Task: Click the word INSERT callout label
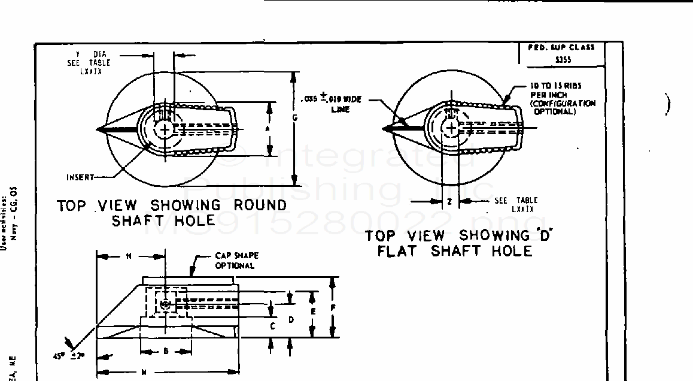tap(80, 177)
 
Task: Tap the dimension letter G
tap(294, 118)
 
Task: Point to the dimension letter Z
tap(449, 202)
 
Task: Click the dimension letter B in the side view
tap(166, 352)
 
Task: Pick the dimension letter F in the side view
tap(333, 308)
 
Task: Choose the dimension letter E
tap(312, 312)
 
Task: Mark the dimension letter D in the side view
tap(291, 320)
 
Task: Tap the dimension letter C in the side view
tap(272, 326)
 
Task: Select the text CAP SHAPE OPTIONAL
tap(235, 261)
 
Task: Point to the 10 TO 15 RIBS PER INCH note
tap(562, 98)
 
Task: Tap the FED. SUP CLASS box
tap(561, 53)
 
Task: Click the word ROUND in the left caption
tap(260, 205)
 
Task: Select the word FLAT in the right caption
tap(401, 251)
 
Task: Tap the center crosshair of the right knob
tap(452, 128)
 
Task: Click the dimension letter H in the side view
tap(129, 256)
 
